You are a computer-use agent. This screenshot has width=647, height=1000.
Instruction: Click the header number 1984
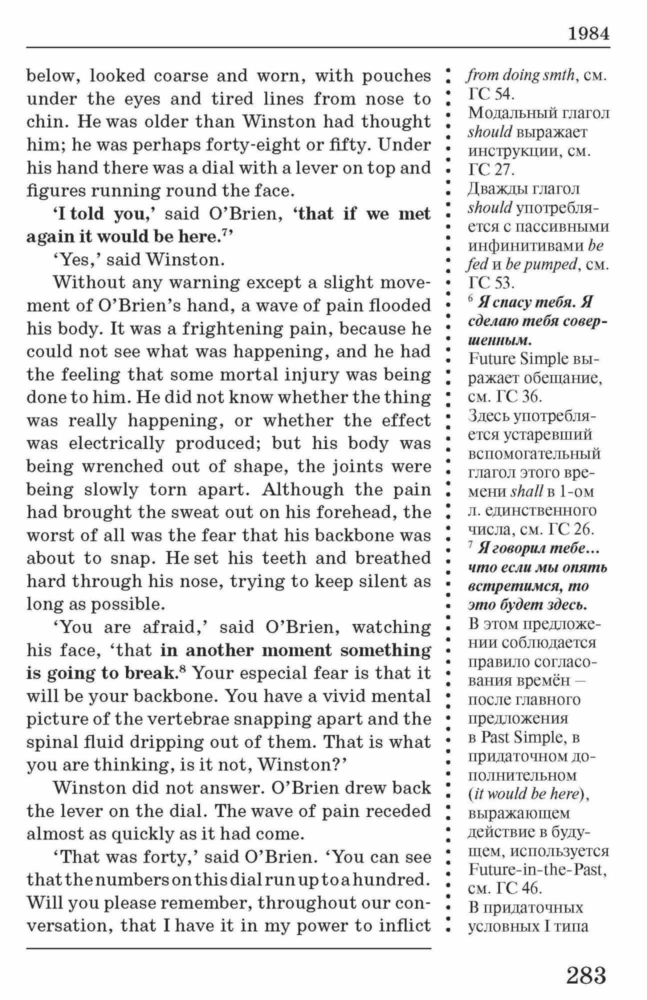pos(588,34)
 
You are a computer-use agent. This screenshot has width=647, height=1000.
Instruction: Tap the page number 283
pos(586,975)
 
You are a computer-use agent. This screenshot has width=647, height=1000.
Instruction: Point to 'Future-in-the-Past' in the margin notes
pos(538,869)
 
